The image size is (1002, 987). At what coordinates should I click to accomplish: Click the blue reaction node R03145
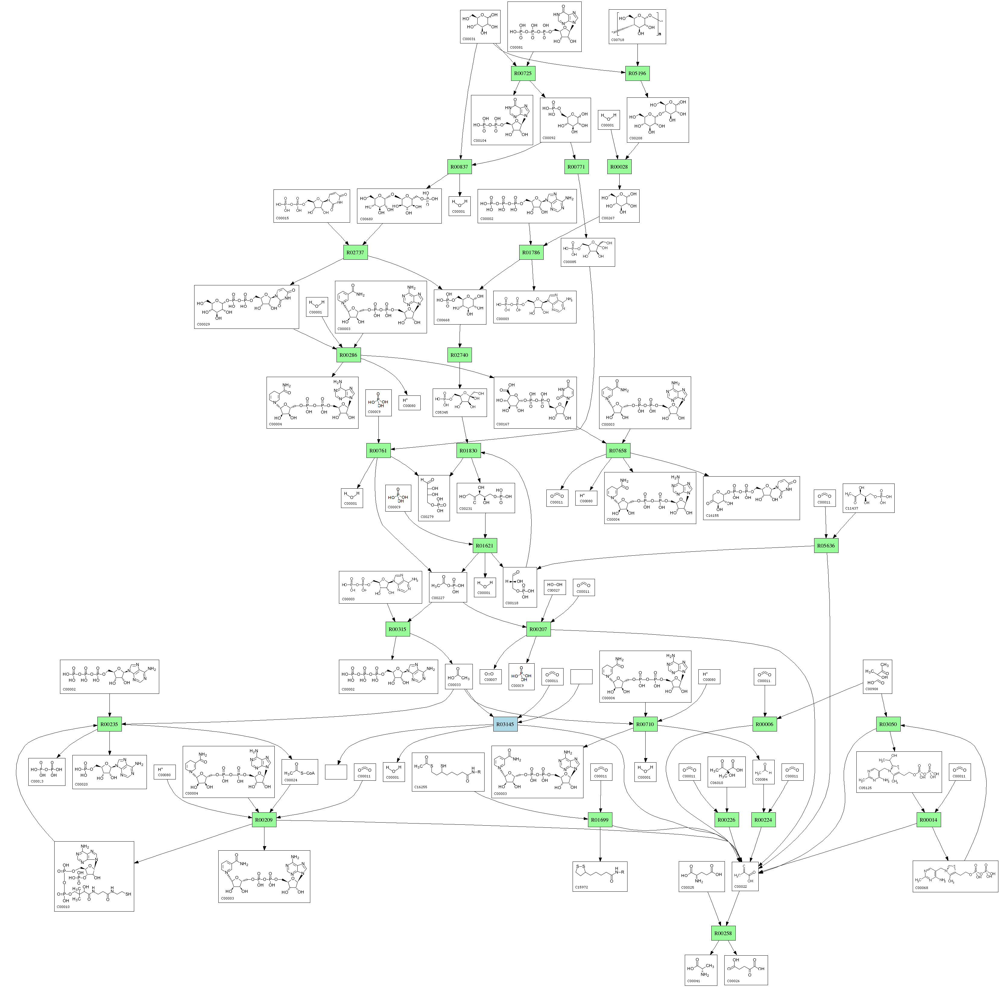[505, 724]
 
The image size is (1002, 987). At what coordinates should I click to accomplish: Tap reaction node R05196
[637, 73]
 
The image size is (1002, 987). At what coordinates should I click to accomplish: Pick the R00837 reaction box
[459, 167]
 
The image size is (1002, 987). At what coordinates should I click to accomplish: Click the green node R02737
[356, 252]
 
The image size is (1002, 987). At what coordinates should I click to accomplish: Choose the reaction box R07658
[618, 450]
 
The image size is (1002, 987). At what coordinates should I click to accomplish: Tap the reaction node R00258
[723, 933]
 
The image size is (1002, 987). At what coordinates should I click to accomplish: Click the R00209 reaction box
[264, 820]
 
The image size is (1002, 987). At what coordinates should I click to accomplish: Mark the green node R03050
[887, 724]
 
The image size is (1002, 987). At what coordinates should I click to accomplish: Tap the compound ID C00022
[740, 887]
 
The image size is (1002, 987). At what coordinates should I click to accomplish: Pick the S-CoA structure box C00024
[299, 771]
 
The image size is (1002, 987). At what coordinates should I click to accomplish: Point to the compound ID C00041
[693, 981]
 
